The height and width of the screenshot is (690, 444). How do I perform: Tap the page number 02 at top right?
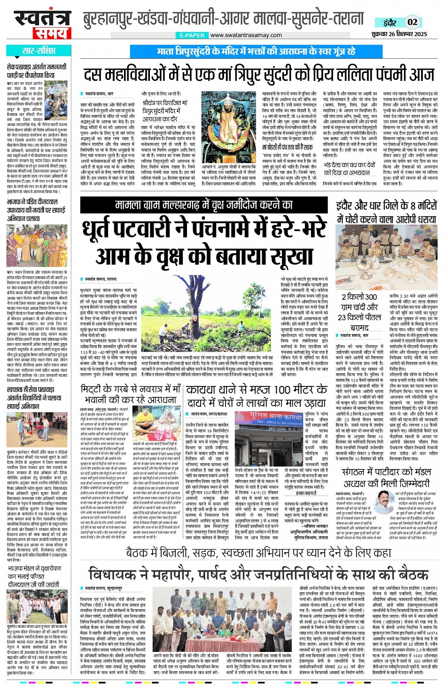(412, 22)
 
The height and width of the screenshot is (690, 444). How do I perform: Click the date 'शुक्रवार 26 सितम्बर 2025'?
(399, 34)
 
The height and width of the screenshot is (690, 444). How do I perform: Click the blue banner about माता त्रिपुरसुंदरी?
(256, 51)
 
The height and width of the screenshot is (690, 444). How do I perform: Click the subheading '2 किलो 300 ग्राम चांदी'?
(359, 302)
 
